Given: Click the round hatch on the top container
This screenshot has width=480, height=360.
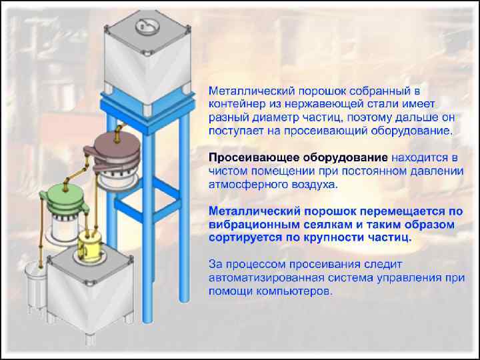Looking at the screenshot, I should (x=145, y=26).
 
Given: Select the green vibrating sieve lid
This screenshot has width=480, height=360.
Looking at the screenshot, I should (x=61, y=196).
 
